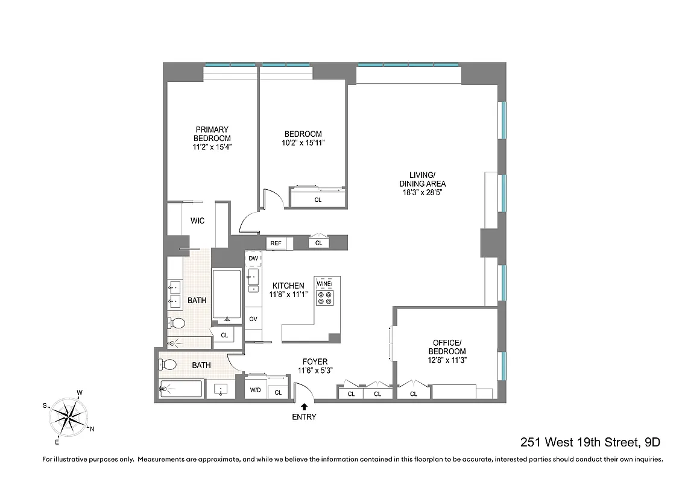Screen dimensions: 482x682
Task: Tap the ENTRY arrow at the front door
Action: click(x=304, y=407)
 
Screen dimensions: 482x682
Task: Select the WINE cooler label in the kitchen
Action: click(x=324, y=283)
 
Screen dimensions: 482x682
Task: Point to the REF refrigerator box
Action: click(x=276, y=243)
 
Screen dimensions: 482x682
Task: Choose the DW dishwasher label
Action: click(x=253, y=258)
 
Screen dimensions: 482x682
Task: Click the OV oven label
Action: click(x=253, y=319)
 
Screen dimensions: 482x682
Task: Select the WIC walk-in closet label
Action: click(x=197, y=221)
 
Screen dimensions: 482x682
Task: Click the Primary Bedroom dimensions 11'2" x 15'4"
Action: click(x=212, y=146)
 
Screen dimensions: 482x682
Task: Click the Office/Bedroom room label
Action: click(x=447, y=347)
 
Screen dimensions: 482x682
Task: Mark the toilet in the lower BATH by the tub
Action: click(x=168, y=365)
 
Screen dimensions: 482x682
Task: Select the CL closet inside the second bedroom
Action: click(x=318, y=199)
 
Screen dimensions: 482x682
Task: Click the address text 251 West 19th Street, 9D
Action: click(x=590, y=442)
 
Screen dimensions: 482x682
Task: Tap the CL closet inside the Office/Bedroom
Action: click(x=414, y=394)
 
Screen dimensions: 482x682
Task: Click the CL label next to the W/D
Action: click(x=278, y=392)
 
